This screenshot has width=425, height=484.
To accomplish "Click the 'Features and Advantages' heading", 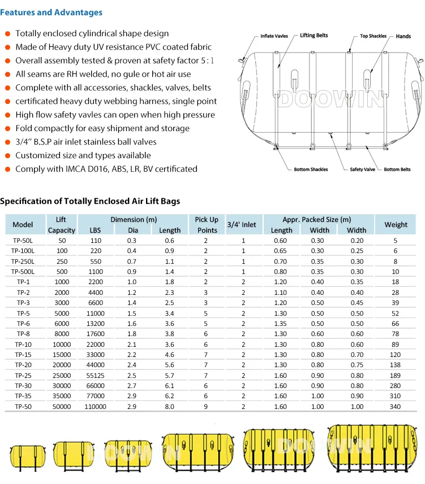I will point(51,12).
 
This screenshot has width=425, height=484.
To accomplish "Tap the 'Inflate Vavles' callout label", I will point(274,36).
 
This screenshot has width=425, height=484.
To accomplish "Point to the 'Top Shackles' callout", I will point(373,36).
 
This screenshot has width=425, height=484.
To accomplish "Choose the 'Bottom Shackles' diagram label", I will point(311,169).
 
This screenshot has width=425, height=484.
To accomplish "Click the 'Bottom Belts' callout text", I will point(397,169).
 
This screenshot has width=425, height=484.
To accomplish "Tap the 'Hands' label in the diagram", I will point(403,36).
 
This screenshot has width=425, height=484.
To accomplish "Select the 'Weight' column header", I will point(396,224).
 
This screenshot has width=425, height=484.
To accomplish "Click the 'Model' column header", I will point(23,224).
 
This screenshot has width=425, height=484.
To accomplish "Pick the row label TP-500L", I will point(23,271).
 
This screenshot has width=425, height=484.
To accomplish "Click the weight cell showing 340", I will point(396,406).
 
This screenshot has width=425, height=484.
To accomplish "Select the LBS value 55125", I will point(95,375).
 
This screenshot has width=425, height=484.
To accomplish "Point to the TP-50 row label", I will point(23,406).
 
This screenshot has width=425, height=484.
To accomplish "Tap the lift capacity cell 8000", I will point(62,334).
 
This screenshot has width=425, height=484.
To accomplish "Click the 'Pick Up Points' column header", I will point(207,224).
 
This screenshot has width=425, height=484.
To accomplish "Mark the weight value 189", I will point(396,375).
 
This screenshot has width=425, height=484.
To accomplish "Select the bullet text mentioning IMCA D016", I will point(106,169).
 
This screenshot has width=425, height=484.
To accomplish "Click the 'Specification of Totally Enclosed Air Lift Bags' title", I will point(90,201).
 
